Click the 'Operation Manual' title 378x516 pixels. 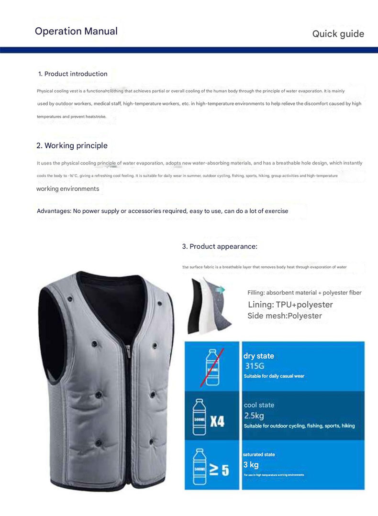point(76,32)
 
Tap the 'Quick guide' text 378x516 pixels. point(338,34)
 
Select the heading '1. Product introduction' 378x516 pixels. point(73,74)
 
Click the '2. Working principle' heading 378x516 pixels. point(72,145)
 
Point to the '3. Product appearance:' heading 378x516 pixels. point(220,246)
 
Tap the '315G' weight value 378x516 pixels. point(255,366)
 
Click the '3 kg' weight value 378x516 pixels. point(251,464)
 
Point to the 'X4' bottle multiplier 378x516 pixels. point(217,421)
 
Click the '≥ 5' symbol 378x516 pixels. point(219,470)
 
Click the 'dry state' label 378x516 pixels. point(259,356)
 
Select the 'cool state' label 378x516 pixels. point(259,405)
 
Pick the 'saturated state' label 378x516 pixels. point(259,454)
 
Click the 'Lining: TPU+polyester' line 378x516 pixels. point(290,305)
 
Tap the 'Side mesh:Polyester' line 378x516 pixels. point(285,316)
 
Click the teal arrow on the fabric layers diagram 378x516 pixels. point(221,289)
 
